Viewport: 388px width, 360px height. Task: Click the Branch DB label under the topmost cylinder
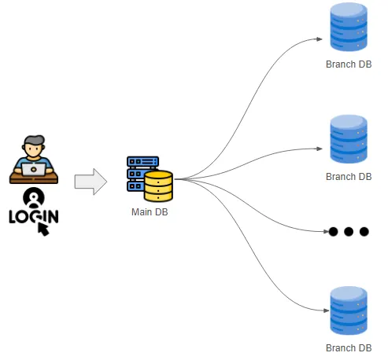point(349,64)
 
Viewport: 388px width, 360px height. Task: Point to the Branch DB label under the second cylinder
point(349,177)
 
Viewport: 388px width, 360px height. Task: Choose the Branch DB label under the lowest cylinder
point(349,348)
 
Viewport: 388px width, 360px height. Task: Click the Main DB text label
point(150,212)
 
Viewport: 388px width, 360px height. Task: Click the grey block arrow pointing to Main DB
point(91,182)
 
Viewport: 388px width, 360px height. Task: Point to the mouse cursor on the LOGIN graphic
point(42,228)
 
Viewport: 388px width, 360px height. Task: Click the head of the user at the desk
point(33,145)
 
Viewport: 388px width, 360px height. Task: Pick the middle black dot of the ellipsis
point(349,232)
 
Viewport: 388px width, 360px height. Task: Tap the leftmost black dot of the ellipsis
point(333,232)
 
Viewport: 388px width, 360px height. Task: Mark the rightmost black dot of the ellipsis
point(364,232)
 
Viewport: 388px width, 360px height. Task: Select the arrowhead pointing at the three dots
point(323,232)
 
